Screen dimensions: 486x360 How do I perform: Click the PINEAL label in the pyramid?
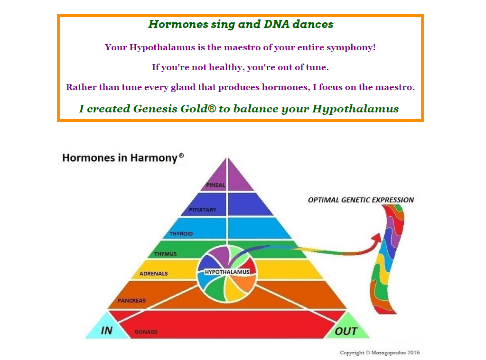click(x=215, y=185)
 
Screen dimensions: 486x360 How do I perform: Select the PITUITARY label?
click(x=202, y=210)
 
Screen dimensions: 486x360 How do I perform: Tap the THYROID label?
click(x=181, y=234)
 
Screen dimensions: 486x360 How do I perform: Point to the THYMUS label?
click(x=165, y=254)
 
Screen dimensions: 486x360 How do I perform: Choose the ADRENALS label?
click(x=153, y=274)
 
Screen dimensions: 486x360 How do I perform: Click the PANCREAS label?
click(x=131, y=301)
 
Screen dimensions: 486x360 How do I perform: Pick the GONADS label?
click(x=146, y=332)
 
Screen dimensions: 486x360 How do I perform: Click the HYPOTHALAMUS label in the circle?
click(x=227, y=272)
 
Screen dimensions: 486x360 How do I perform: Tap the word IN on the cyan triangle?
click(x=107, y=331)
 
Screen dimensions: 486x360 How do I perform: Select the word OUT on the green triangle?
click(x=346, y=331)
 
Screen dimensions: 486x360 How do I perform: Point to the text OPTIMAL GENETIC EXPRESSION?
click(x=361, y=200)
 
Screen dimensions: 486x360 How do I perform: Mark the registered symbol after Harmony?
click(x=181, y=156)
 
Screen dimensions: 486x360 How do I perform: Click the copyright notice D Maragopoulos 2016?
click(x=380, y=352)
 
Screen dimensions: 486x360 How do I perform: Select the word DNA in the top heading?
click(x=277, y=24)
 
